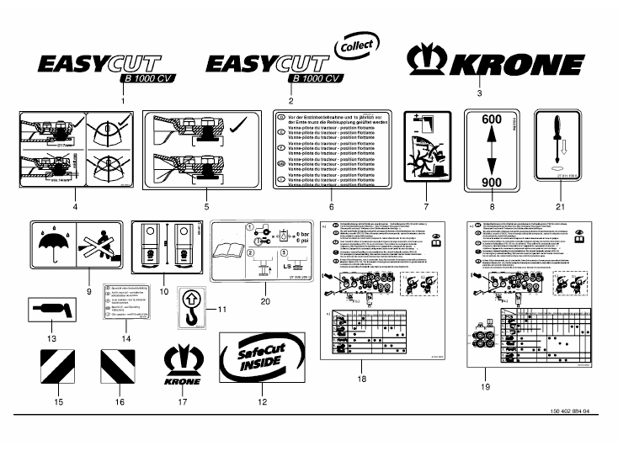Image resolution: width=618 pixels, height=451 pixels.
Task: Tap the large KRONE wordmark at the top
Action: click(x=495, y=63)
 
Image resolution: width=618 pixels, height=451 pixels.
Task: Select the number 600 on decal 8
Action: click(x=493, y=121)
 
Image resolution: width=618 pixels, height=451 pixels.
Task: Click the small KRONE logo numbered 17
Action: click(x=185, y=364)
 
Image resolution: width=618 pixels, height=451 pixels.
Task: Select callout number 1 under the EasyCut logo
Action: click(x=125, y=100)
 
